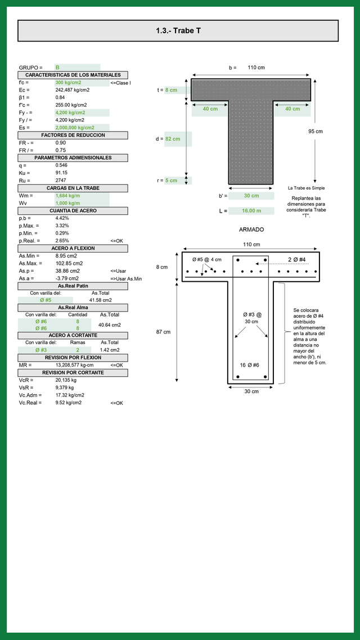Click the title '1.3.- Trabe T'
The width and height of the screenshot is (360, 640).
[178, 31]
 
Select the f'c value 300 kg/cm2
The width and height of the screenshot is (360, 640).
[68, 83]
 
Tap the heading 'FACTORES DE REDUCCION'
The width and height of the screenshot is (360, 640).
[73, 136]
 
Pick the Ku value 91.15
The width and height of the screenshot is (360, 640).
[62, 173]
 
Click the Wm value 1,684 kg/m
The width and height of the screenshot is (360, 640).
[67, 196]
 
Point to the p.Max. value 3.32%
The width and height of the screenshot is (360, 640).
[62, 226]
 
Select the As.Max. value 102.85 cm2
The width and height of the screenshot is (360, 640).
[69, 263]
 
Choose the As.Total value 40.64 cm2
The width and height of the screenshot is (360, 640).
[109, 325]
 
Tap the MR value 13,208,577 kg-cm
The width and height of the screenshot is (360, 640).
[74, 366]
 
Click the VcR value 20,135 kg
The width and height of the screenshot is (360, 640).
[66, 380]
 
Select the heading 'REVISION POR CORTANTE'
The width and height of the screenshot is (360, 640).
[73, 373]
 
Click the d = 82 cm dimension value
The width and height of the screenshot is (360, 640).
[172, 139]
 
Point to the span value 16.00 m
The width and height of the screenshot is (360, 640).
[251, 211]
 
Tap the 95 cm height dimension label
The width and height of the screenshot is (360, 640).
[316, 132]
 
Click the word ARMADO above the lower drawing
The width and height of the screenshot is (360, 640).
[251, 230]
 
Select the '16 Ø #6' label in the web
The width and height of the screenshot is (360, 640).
[249, 365]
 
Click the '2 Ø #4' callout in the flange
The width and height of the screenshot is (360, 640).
[296, 259]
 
